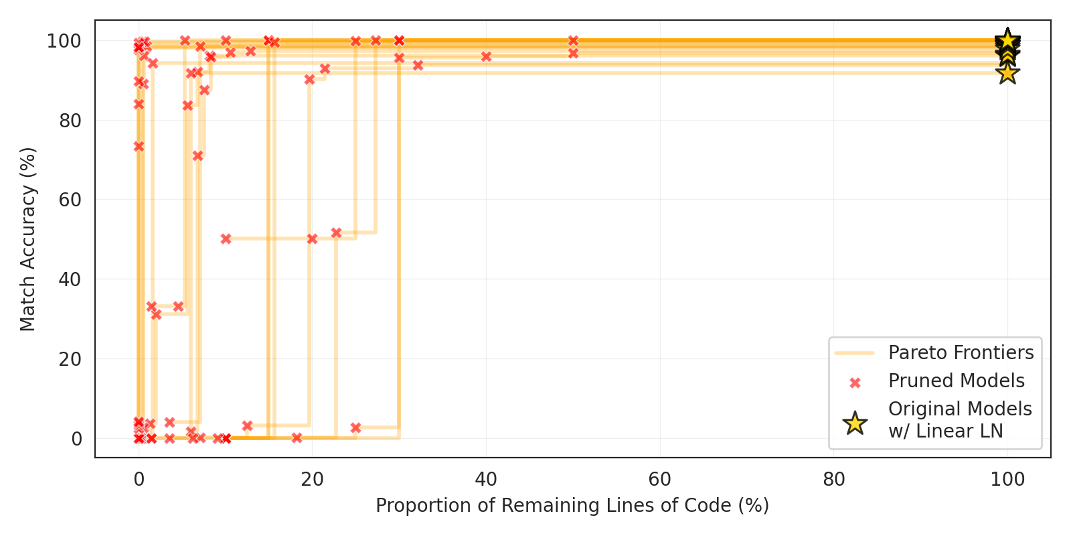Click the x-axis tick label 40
tap(486, 479)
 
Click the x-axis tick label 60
tap(660, 479)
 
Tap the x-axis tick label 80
tap(834, 479)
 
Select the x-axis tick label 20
tap(312, 479)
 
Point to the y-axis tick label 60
tap(70, 200)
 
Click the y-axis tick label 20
tap(70, 359)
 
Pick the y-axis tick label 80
tap(70, 121)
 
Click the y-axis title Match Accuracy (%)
tap(28, 239)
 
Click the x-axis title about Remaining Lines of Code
tap(572, 505)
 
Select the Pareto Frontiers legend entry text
tap(961, 352)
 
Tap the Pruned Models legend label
tap(956, 381)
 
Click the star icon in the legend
tap(855, 423)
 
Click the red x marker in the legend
tap(855, 383)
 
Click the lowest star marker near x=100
tap(1007, 72)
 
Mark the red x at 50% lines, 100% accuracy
tap(573, 41)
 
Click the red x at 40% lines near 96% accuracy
tap(486, 57)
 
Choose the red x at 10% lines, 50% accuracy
tap(226, 239)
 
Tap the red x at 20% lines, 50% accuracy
tap(312, 239)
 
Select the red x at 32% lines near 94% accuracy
tap(418, 65)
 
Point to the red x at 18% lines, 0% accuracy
tap(297, 438)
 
